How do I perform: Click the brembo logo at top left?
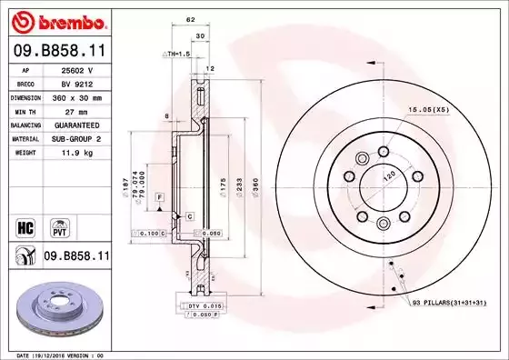click(55, 20)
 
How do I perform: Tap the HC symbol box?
click(26, 223)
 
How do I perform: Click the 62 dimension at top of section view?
click(191, 18)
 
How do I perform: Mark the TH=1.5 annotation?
click(176, 55)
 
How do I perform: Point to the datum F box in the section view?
click(158, 197)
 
